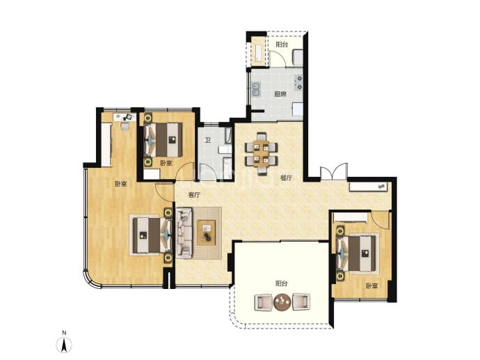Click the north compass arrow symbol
64,345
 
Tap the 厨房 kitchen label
280,94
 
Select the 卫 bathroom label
208,141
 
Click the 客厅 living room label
194,195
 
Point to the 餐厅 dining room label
287,178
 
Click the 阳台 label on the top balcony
282,45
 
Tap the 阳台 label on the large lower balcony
281,283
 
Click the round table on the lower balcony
282,302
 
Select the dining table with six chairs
261,153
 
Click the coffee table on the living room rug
207,233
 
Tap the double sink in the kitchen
256,89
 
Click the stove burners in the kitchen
298,83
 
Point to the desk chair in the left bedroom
125,126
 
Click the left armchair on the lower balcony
263,302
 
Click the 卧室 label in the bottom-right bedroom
371,286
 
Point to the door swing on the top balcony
278,58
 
